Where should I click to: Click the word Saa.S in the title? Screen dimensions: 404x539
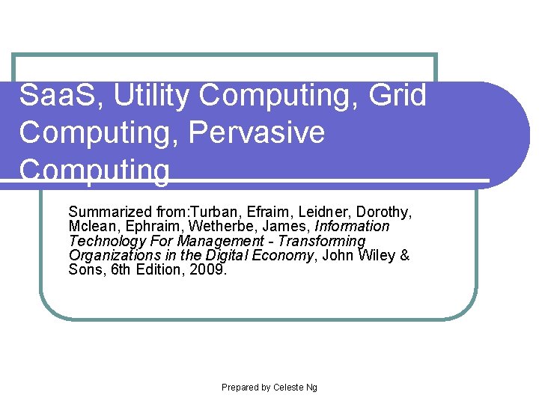49,96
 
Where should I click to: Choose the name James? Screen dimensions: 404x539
288,226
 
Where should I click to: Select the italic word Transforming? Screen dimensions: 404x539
322,241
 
